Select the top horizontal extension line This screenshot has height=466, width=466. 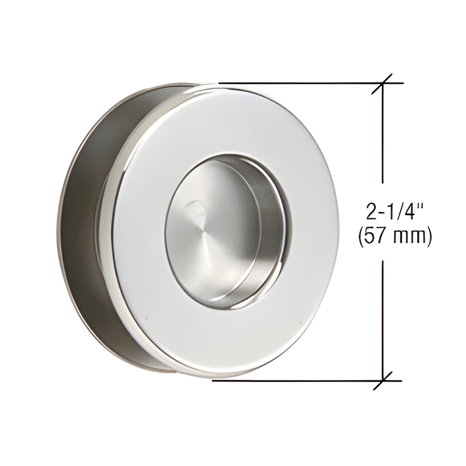[290, 83]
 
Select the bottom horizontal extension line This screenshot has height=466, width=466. [290, 381]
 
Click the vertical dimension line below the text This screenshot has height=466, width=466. [382, 322]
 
